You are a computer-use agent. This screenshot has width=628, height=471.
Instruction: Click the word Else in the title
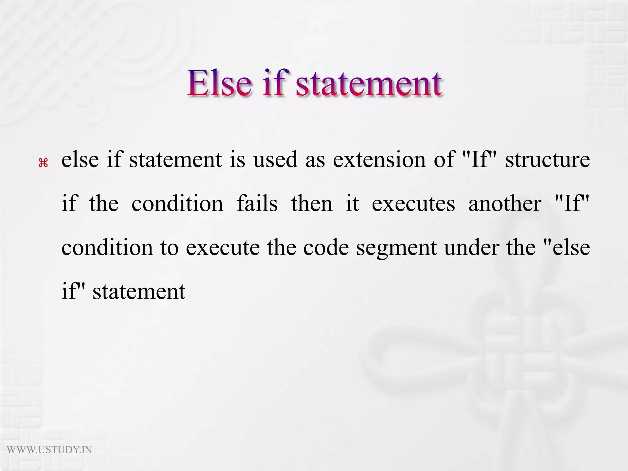(x=220, y=83)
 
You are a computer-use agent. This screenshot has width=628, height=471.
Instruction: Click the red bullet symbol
(x=43, y=163)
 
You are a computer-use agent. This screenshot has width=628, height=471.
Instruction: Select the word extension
(x=379, y=160)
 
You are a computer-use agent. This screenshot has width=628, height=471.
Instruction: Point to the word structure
(x=548, y=160)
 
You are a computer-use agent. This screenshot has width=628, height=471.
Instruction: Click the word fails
(x=257, y=204)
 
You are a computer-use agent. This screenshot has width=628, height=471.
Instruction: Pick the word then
(x=312, y=204)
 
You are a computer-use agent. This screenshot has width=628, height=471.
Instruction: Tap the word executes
(x=413, y=204)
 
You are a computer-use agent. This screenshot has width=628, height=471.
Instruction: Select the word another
(x=505, y=204)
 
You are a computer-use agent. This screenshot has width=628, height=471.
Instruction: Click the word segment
(x=396, y=248)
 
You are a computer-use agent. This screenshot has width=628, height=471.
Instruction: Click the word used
(x=275, y=160)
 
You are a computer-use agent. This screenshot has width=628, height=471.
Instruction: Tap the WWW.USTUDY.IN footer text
(x=49, y=450)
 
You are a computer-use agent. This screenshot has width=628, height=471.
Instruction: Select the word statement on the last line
(x=139, y=292)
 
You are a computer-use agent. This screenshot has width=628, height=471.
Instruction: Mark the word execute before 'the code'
(x=223, y=248)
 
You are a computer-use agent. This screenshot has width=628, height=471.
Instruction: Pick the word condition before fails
(x=178, y=204)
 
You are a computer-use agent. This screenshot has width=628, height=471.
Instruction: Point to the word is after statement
(x=238, y=160)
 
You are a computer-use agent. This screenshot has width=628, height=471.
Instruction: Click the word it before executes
(x=352, y=204)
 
